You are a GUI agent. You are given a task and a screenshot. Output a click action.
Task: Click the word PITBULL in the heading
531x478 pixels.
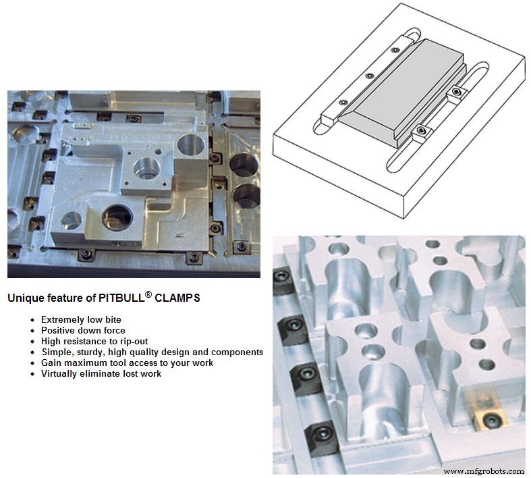(121, 298)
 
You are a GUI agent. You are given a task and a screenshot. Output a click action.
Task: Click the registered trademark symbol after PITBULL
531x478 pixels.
(148, 294)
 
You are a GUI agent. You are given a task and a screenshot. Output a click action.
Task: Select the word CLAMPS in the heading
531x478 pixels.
(177, 298)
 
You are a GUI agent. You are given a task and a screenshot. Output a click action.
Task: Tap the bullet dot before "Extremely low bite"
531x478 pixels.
(32, 320)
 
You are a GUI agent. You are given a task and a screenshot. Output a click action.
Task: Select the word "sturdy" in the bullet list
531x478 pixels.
(92, 352)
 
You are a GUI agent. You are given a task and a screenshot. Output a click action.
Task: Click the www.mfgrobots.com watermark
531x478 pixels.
(484, 471)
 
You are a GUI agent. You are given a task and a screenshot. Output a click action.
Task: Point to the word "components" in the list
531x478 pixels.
(237, 352)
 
